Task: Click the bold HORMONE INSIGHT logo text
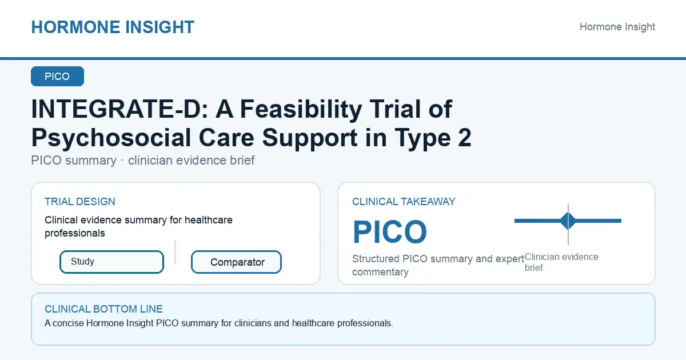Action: (x=113, y=27)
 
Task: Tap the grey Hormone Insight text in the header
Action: (x=617, y=27)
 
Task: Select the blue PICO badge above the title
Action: (x=57, y=76)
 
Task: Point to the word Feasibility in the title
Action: (x=301, y=110)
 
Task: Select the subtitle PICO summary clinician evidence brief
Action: (x=143, y=161)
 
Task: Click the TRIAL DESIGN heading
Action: (x=80, y=202)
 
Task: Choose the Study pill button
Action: (x=112, y=262)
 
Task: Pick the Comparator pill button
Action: (x=236, y=262)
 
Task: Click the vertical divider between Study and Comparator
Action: (x=175, y=252)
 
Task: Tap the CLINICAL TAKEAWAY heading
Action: (x=404, y=202)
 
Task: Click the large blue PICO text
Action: (x=390, y=232)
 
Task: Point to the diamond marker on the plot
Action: (x=568, y=221)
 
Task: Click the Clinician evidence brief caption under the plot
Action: (x=561, y=262)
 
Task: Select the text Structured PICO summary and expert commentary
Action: (x=438, y=265)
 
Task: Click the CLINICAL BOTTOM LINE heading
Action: (x=103, y=309)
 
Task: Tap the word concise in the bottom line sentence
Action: (x=68, y=323)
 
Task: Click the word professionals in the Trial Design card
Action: (x=75, y=233)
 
